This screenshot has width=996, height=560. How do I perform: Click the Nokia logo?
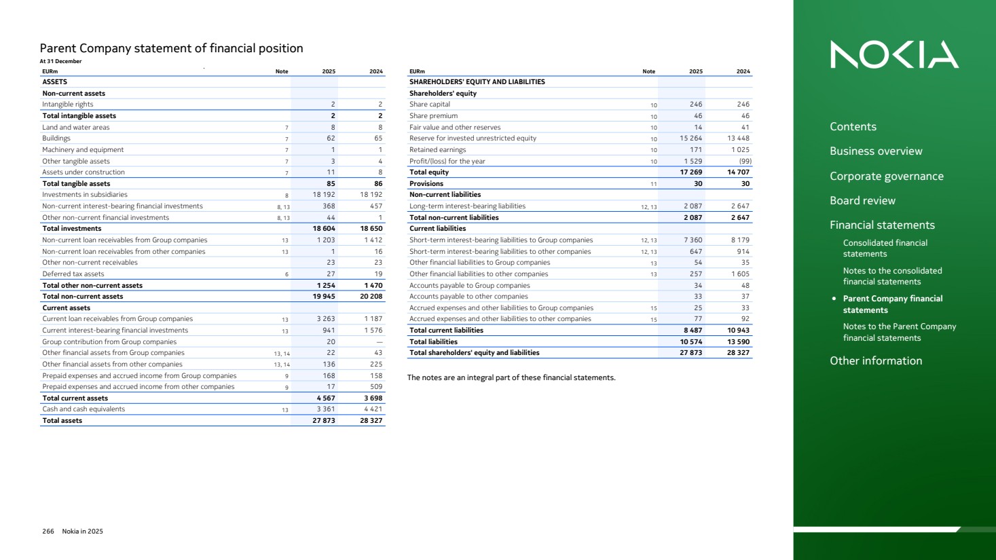[894, 54]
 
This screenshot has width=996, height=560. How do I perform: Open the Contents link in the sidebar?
[853, 127]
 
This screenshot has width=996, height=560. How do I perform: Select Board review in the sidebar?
[862, 201]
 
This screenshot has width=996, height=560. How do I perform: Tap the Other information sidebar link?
[876, 361]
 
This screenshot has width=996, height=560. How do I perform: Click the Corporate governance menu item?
[886, 176]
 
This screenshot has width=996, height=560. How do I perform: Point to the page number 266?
[48, 531]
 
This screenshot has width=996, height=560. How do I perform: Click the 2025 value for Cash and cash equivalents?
[325, 409]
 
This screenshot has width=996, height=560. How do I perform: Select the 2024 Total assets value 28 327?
[371, 421]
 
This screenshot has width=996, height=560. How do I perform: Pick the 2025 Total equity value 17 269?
[691, 172]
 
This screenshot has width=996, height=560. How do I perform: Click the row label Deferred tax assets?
[73, 274]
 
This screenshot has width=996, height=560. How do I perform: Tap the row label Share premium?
[433, 116]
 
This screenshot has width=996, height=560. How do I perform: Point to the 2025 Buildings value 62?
[331, 138]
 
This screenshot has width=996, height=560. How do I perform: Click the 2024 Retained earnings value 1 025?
[740, 150]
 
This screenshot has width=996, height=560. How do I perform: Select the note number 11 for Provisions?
[653, 184]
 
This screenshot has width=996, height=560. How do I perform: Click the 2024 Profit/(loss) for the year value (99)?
[744, 162]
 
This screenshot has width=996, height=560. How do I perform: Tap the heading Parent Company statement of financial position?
[171, 48]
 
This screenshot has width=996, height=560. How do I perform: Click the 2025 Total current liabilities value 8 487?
[693, 331]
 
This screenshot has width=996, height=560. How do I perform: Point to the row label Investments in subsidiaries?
[85, 195]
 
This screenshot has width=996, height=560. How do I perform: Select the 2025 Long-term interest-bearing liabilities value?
[693, 206]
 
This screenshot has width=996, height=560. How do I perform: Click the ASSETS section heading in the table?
[55, 82]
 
